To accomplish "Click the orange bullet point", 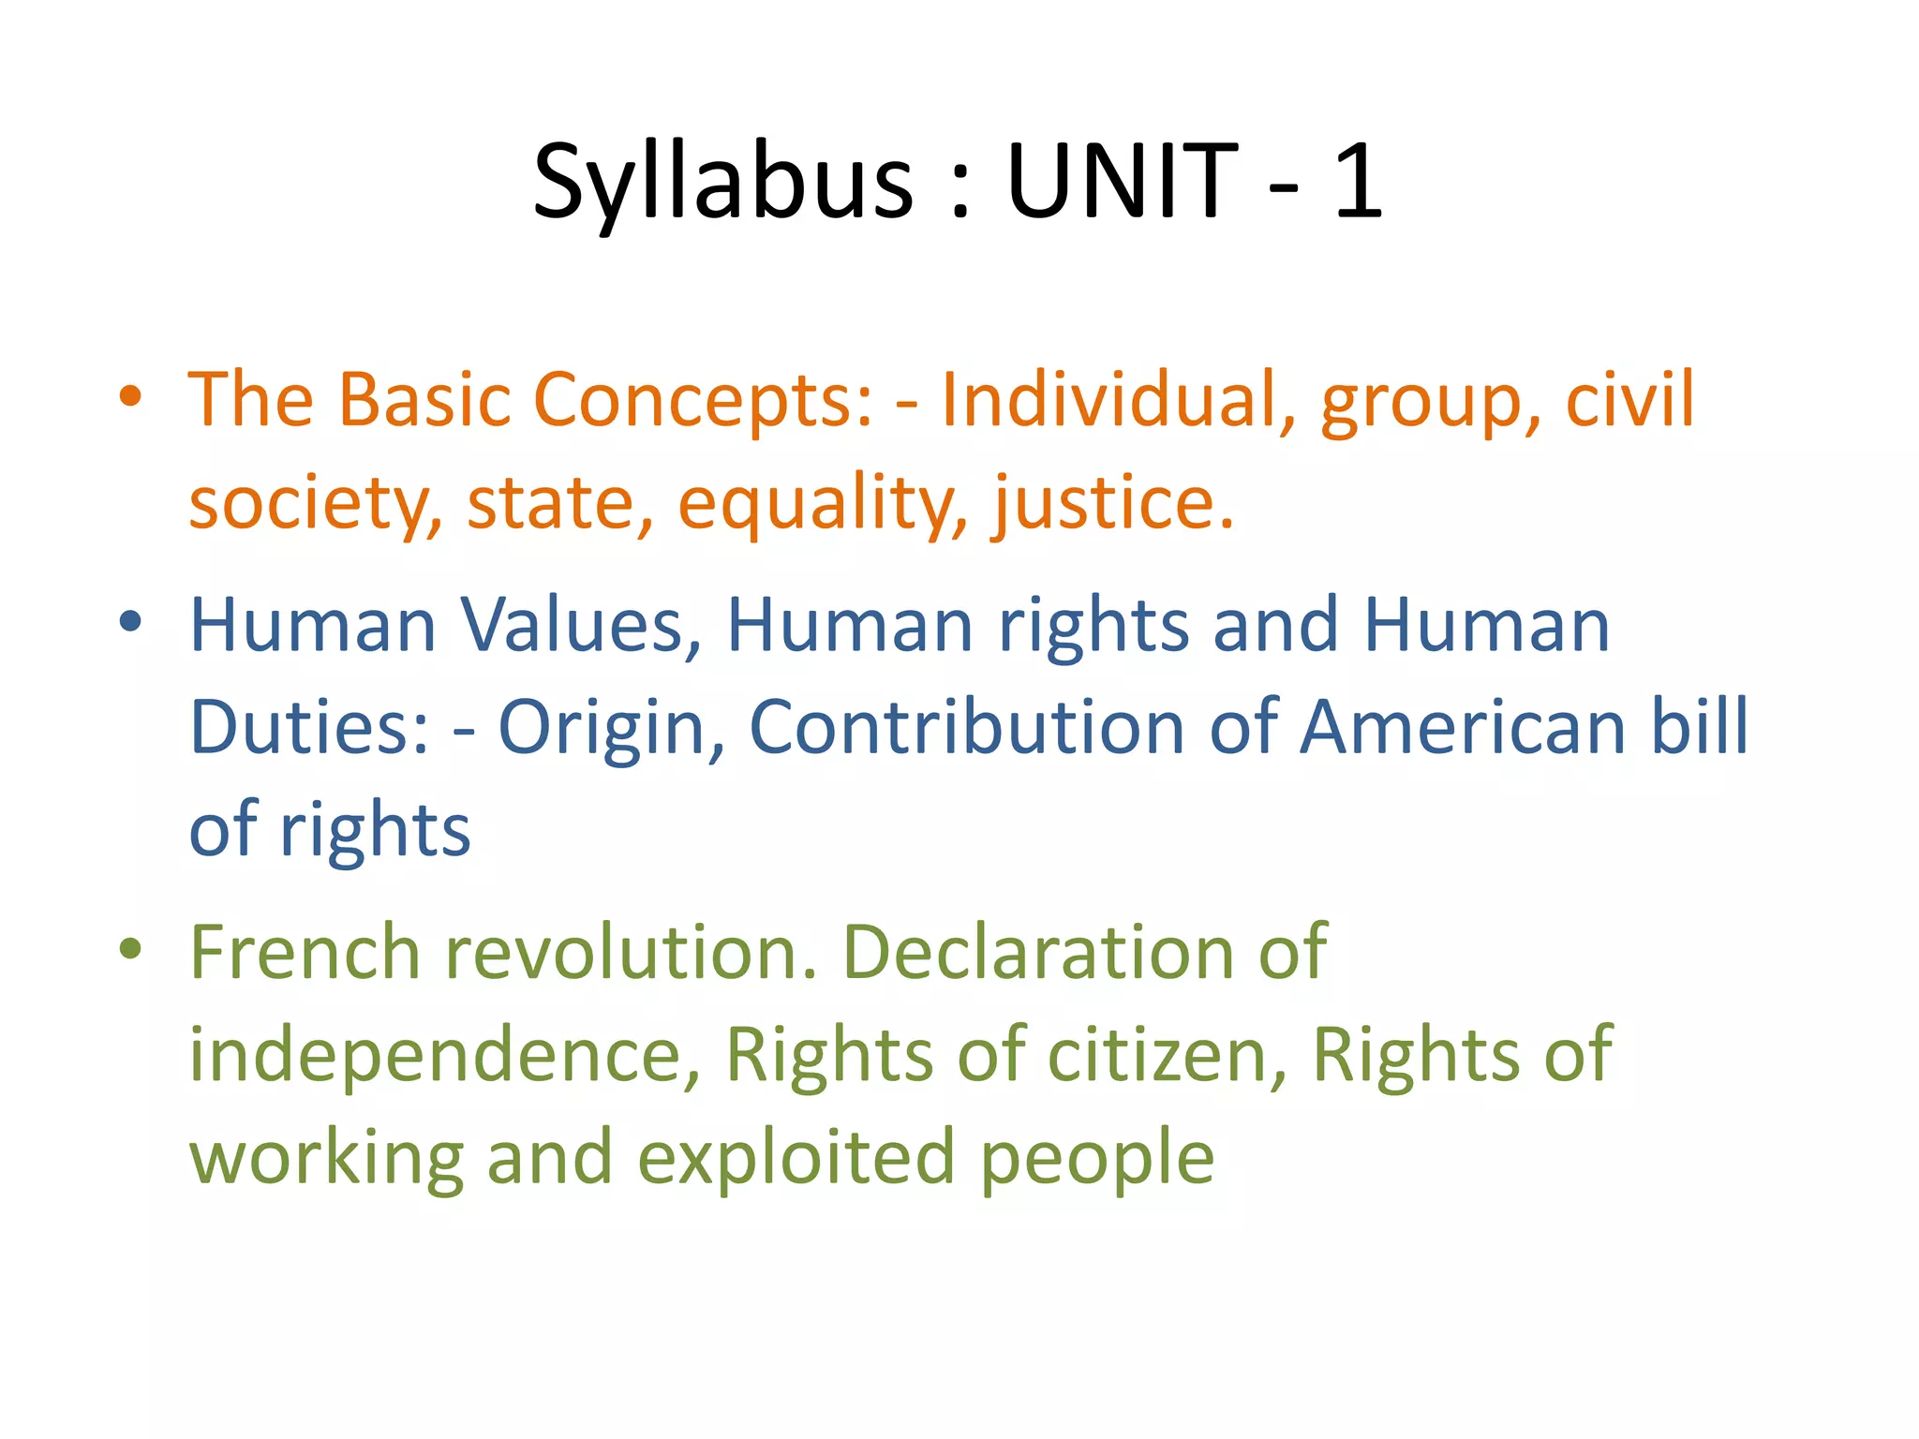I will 130,396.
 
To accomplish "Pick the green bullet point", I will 130,948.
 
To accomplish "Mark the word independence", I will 445,1055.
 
